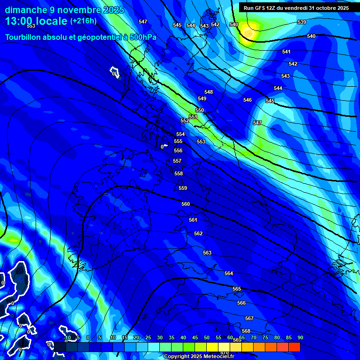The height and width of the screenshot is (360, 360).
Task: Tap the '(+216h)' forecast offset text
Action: click(x=83, y=21)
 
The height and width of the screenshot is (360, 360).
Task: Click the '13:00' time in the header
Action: click(x=18, y=21)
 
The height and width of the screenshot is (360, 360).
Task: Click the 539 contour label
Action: click(x=302, y=22)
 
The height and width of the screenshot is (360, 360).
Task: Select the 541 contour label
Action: click(x=286, y=52)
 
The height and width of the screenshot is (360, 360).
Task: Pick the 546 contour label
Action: click(x=247, y=100)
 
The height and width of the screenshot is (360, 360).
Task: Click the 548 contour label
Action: click(x=209, y=92)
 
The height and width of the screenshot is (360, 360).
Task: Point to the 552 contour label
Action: click(x=185, y=120)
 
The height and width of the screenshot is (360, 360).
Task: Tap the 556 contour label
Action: click(x=178, y=150)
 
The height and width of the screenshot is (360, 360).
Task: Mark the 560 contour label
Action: click(x=186, y=204)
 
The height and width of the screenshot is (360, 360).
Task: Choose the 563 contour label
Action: click(x=207, y=253)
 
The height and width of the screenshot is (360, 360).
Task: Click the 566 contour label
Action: click(x=241, y=303)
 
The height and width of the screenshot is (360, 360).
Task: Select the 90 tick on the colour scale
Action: click(x=300, y=337)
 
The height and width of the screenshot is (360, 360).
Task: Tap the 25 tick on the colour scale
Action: click(x=148, y=337)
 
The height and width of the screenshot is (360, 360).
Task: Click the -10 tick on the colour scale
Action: click(x=67, y=337)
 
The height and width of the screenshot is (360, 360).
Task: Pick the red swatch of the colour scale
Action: click(x=294, y=347)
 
